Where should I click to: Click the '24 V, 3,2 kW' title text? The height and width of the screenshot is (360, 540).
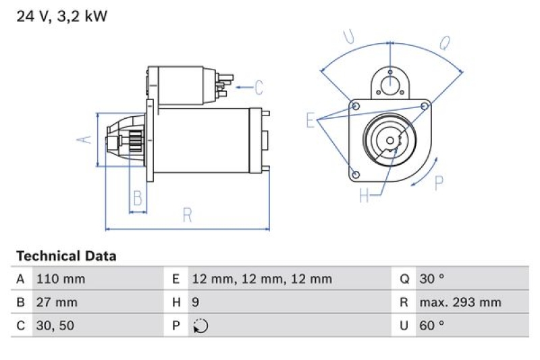click(x=61, y=17)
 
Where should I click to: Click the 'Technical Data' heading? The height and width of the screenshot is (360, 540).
click(x=66, y=256)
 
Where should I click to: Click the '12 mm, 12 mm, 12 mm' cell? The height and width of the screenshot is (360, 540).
click(x=261, y=279)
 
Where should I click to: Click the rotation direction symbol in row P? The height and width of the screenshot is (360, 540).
click(x=200, y=326)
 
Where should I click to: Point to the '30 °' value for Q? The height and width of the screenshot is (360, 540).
click(x=431, y=279)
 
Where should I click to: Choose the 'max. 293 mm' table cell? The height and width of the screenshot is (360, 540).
click(x=460, y=303)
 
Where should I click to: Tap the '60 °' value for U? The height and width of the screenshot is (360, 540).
click(x=431, y=326)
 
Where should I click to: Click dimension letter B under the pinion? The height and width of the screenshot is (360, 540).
click(x=137, y=199)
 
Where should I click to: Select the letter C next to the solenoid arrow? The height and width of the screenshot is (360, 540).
click(x=259, y=87)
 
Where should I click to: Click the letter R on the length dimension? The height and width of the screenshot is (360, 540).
click(x=188, y=215)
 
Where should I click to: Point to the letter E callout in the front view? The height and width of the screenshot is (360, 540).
click(x=310, y=121)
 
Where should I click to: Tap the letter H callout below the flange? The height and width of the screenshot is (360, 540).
click(x=364, y=196)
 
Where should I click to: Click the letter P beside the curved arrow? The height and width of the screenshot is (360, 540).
click(x=439, y=182)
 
